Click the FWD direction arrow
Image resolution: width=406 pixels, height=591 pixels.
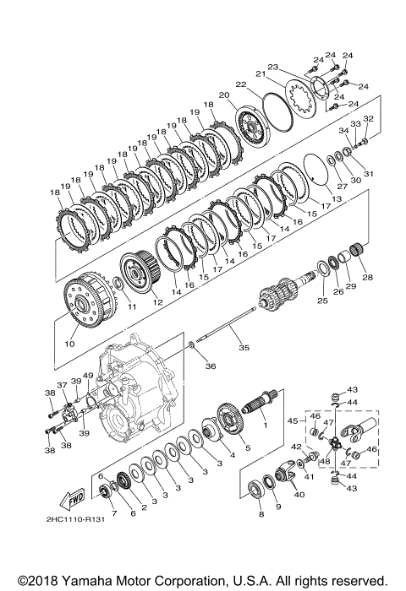pyautogui.click(x=72, y=501)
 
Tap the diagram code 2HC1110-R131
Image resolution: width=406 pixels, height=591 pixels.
pyautogui.click(x=75, y=519)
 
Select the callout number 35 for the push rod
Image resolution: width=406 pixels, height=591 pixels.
pyautogui.click(x=244, y=347)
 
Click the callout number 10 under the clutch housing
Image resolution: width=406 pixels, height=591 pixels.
pyautogui.click(x=70, y=344)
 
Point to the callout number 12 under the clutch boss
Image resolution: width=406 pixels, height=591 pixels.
pyautogui.click(x=158, y=302)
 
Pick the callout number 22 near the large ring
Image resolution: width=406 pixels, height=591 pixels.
pyautogui.click(x=241, y=84)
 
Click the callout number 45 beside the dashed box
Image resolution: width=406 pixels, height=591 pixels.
pyautogui.click(x=293, y=420)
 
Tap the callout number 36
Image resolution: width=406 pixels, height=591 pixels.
pyautogui.click(x=211, y=366)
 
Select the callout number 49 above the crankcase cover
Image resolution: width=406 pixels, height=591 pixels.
pyautogui.click(x=88, y=376)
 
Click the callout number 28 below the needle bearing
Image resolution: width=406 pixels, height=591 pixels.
pyautogui.click(x=367, y=277)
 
